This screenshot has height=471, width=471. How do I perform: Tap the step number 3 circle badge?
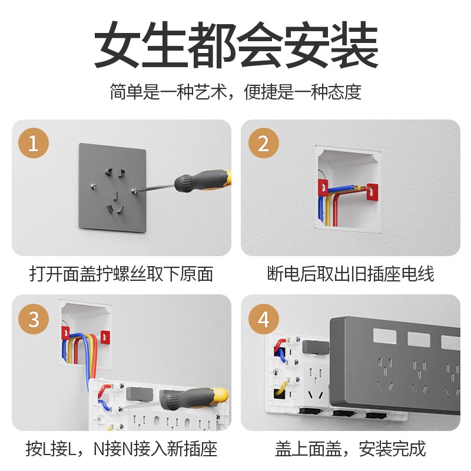(x=33, y=319)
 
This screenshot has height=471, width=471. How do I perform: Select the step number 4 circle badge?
(x=263, y=320)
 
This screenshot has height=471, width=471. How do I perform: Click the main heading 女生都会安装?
(x=235, y=46)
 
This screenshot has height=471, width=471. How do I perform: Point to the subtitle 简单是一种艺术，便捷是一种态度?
(x=235, y=92)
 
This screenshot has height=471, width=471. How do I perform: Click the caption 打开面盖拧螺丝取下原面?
(x=121, y=274)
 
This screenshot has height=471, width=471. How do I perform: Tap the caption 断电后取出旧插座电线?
(x=350, y=274)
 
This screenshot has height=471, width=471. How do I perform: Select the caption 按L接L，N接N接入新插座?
(x=121, y=449)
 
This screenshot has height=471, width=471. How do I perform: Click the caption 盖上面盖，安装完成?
(x=350, y=449)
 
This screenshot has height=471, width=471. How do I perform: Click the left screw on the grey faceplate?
(x=93, y=187)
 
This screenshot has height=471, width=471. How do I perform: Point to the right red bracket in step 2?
(x=372, y=190)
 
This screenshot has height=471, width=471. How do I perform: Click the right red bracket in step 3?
(x=105, y=337)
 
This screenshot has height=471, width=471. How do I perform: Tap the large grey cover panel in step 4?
(x=394, y=365)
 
